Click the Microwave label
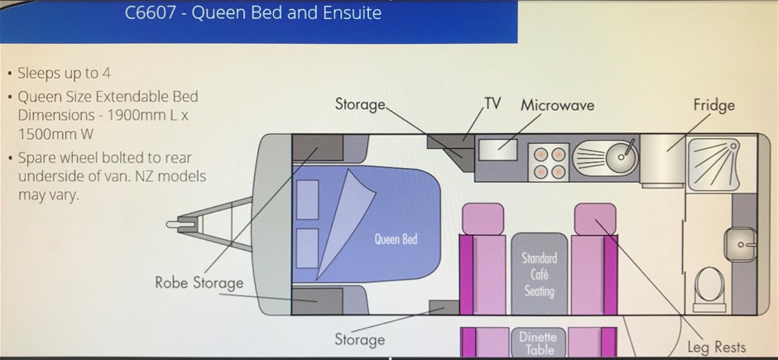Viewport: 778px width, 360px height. click(x=557, y=105)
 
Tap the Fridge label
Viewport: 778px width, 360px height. click(x=714, y=105)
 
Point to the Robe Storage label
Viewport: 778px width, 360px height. click(x=199, y=283)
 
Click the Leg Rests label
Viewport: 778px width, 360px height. click(x=717, y=347)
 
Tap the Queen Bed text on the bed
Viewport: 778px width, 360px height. click(x=396, y=239)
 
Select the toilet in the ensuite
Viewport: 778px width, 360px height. click(x=709, y=288)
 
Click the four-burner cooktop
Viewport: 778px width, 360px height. click(x=548, y=162)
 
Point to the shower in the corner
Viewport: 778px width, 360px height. click(x=713, y=164)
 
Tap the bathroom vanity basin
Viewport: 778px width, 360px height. click(x=739, y=244)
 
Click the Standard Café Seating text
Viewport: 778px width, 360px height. click(x=539, y=274)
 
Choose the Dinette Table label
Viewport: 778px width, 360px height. click(x=539, y=343)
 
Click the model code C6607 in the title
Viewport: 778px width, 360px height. click(x=151, y=12)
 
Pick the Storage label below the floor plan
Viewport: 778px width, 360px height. click(x=359, y=339)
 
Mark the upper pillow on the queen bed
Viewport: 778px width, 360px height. click(x=307, y=199)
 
